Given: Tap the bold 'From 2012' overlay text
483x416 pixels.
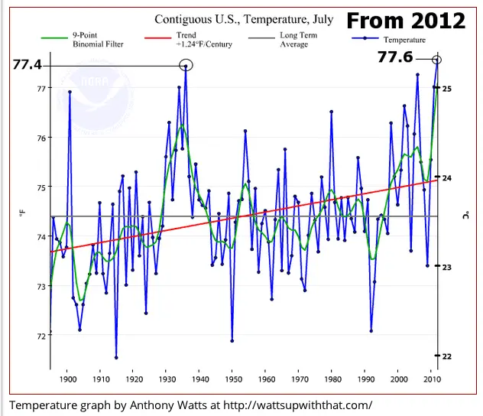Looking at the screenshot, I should (406, 20).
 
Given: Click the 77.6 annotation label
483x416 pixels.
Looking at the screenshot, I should (394, 57).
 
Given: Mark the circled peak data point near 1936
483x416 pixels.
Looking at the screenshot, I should (186, 66).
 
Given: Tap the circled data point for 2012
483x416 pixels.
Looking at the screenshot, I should (437, 60).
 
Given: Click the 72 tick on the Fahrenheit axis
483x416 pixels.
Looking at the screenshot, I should (38, 335).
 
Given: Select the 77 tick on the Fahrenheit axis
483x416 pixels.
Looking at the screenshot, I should (38, 89).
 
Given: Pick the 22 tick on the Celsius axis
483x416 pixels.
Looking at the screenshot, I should (447, 356).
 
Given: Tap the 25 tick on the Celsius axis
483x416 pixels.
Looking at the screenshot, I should (447, 89).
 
